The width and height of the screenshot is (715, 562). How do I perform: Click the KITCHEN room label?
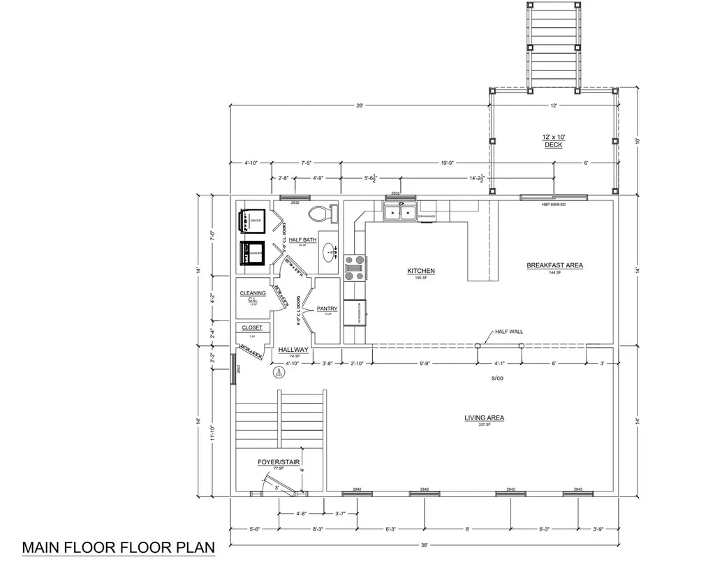[421, 271]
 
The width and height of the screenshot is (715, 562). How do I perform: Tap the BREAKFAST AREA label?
[554, 265]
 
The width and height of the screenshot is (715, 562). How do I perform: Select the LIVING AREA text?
[484, 418]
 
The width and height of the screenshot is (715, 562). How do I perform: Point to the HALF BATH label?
[302, 240]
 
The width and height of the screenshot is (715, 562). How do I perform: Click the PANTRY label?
[327, 309]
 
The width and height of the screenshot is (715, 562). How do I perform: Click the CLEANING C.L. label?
[252, 297]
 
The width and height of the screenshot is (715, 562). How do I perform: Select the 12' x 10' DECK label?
[553, 140]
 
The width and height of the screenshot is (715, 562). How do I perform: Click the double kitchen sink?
[401, 212]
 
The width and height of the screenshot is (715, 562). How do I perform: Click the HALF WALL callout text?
[508, 332]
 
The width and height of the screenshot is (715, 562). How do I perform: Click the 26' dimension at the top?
[360, 105]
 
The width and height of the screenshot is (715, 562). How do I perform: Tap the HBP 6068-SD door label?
[553, 205]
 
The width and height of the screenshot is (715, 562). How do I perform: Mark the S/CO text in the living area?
[498, 378]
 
